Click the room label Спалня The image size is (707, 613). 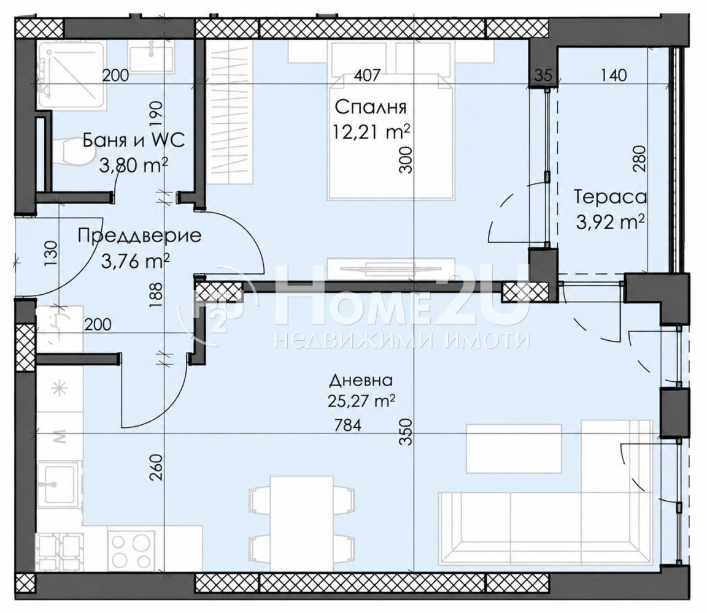pos(371,108)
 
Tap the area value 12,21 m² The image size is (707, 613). pos(371,132)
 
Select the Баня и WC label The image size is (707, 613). pos(134,140)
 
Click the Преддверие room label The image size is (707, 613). pos(139,237)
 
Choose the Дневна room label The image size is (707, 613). pos(361,381)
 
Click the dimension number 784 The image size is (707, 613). pos(348,425)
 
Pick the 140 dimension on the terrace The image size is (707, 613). pos(614,75)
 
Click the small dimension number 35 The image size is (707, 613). pos(544,75)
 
